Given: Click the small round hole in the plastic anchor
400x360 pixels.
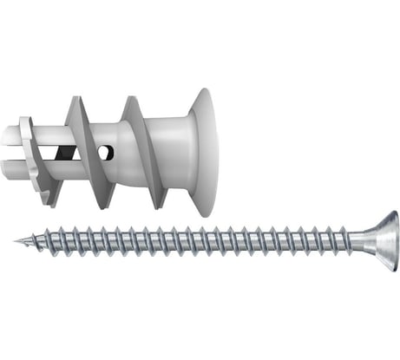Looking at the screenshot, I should coord(107,153).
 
